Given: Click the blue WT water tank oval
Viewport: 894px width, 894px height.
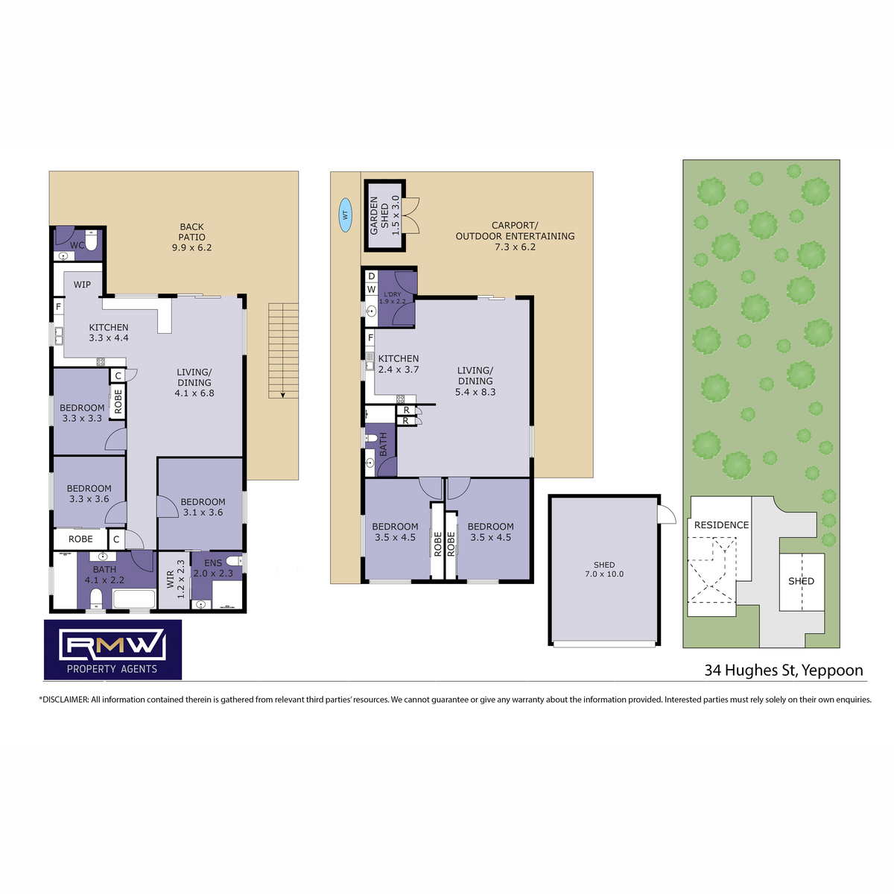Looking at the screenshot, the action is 345,215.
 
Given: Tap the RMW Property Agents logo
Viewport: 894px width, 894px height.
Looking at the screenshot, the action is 112,649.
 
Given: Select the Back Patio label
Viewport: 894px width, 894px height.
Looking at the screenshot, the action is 191,237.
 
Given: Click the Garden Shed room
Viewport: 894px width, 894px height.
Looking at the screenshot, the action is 384,216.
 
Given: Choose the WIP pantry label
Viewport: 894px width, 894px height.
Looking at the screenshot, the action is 82,285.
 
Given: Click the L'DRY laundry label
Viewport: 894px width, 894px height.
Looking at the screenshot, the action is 393,294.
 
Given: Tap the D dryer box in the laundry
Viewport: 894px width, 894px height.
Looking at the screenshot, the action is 371,276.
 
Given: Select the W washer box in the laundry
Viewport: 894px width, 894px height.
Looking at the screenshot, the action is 371,289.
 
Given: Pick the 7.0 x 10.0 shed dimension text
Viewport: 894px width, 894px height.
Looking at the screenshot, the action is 604,574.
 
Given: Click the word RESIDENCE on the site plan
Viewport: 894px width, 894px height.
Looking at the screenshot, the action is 721,524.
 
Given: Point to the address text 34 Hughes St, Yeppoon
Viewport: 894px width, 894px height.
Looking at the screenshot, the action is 784,670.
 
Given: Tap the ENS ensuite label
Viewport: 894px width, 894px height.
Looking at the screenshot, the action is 213,562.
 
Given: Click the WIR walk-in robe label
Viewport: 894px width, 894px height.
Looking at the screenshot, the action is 171,580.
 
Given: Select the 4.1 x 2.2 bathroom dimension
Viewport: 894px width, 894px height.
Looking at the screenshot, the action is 104,580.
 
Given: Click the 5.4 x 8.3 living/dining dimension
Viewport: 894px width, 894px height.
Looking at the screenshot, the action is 475,392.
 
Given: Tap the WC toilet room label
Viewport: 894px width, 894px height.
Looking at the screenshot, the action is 77,245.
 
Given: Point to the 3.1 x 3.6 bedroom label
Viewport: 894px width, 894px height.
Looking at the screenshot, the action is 203,513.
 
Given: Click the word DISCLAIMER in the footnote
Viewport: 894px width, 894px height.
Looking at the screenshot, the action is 65,700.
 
